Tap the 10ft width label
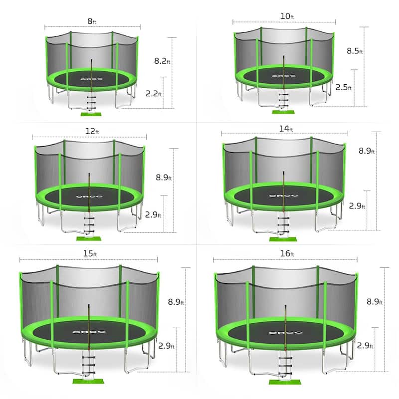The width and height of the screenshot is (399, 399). (287, 16)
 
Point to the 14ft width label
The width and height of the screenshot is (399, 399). (286, 129)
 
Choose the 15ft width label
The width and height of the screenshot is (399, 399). (91, 254)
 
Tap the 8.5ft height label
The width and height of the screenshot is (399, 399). (355, 51)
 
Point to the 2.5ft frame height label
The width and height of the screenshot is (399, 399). (344, 87)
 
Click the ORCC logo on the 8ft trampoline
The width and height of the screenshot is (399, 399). (92, 78)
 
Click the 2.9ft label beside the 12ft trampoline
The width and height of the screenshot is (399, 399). (154, 215)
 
